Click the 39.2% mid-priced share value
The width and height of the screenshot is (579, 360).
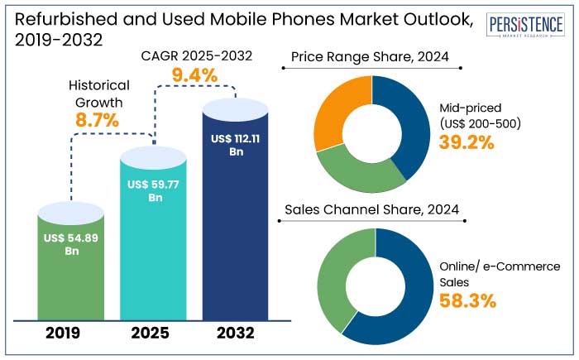coord(467,142)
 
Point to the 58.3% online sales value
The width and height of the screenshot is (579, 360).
coord(467,300)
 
